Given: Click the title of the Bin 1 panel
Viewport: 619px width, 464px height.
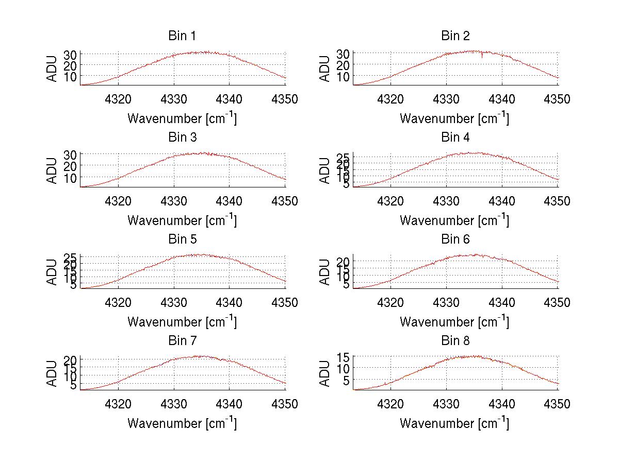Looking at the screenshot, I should click(182, 36).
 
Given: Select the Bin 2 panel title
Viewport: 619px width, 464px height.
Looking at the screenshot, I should click(455, 36).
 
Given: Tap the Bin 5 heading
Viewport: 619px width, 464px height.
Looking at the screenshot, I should click(182, 239).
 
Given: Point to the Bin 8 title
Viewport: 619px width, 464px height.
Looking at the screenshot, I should click(455, 340).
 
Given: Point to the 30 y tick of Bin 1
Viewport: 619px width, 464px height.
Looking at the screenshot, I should click(71, 54).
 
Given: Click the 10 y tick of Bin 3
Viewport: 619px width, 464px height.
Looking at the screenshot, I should click(71, 177).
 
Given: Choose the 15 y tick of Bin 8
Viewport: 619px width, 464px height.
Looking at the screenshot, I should click(344, 356).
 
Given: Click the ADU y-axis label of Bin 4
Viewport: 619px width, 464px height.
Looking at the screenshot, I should click(324, 170).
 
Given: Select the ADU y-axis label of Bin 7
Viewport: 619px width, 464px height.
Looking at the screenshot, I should click(52, 373).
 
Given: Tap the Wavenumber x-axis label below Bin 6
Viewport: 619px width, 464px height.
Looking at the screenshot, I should click(454, 322).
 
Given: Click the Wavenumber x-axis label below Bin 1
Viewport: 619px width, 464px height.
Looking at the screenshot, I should click(182, 118).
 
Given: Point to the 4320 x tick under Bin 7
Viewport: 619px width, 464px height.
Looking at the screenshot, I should click(119, 404).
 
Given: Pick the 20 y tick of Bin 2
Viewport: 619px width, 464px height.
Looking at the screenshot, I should click(344, 65).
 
